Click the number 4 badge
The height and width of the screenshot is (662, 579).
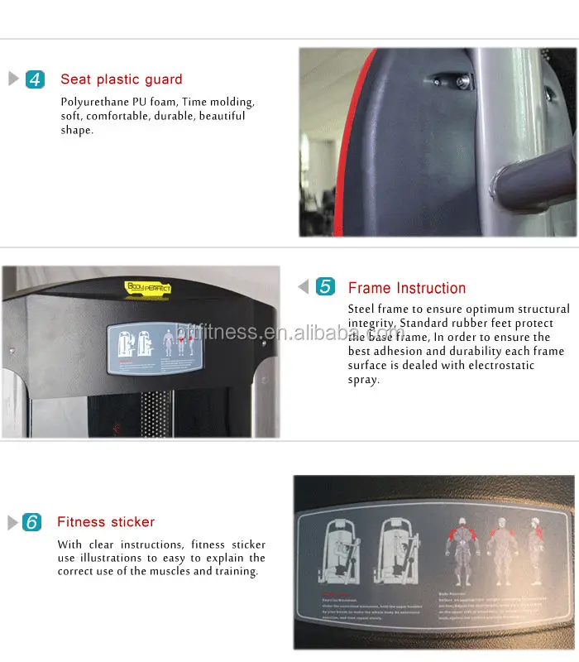35,79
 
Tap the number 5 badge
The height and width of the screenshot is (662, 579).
326,287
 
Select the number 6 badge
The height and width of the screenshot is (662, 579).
31,522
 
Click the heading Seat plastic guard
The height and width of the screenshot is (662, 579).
121,79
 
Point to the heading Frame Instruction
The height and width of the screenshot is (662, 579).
407,288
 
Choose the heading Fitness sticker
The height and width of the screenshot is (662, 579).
106,522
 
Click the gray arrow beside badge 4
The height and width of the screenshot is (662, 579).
13,79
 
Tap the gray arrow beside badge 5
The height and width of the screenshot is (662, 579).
304,287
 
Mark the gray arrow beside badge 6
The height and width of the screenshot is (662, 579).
12,522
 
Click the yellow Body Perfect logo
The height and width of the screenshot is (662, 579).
147,287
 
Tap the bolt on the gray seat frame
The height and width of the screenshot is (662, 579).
460,81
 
